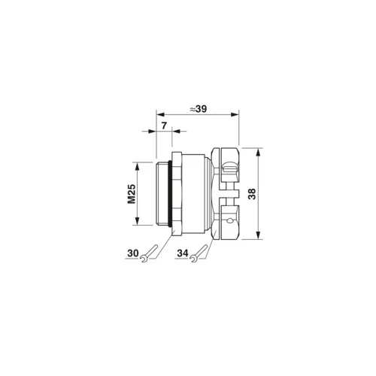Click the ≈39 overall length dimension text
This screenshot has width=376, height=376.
point(198,108)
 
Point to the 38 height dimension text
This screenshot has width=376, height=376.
point(253,193)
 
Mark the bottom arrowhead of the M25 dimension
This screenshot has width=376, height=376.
point(137,223)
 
